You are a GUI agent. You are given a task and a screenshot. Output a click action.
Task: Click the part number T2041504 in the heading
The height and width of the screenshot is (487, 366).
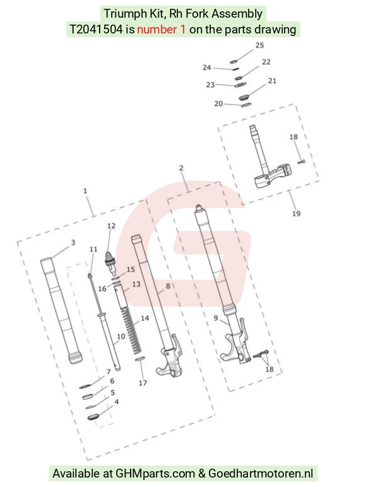tap(96, 30)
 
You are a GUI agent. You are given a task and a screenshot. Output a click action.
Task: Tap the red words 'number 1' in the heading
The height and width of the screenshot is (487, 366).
tap(162, 30)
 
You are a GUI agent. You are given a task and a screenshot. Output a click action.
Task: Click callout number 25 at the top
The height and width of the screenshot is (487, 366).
tap(260, 45)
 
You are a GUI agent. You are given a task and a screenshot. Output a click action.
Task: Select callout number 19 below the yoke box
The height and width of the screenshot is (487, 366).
tap(296, 214)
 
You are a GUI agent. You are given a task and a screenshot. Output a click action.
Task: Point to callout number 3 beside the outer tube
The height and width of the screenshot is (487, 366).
tap(73, 243)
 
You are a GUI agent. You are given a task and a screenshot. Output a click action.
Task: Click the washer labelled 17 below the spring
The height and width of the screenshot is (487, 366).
tap(140, 360)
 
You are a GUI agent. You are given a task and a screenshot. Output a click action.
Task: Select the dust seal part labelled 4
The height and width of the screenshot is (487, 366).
tap(93, 417)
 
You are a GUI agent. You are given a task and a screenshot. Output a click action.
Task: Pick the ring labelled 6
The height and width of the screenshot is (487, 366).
tap(88, 397)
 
